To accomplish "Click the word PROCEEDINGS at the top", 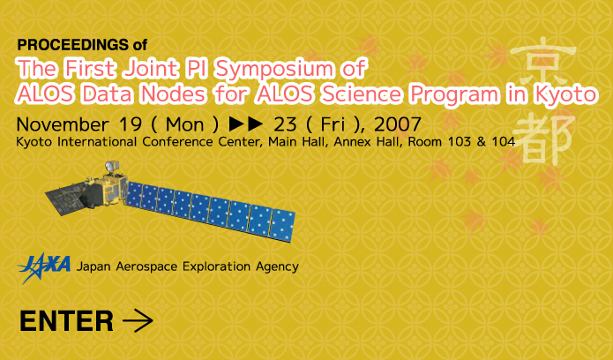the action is [x=72, y=45].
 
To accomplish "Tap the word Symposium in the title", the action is [x=274, y=69].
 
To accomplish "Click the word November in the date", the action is [x=63, y=124].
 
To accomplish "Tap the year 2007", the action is [x=397, y=124].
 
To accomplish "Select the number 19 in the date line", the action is [x=130, y=124].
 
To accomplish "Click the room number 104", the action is [x=504, y=142].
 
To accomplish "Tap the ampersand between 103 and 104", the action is [x=482, y=142].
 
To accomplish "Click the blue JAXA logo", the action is [x=44, y=267].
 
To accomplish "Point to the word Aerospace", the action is [x=146, y=266].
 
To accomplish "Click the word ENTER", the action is [x=66, y=321].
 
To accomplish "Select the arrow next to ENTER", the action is [x=138, y=320].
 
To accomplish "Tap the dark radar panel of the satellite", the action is [x=66, y=199].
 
